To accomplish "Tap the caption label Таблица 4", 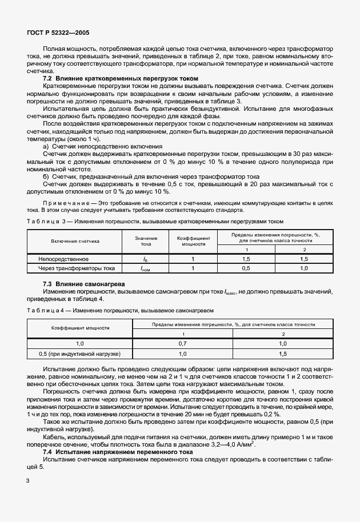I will tap(45, 310).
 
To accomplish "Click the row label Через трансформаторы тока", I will tap(77, 268).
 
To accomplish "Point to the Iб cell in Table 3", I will tap(145, 259).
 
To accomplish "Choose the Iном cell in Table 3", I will tap(145, 268).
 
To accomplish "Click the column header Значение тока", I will tap(145, 241).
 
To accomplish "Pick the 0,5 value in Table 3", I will tap(247, 268).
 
